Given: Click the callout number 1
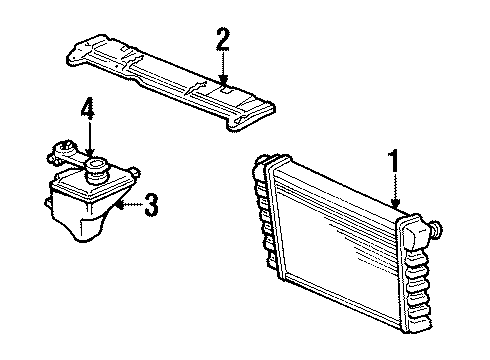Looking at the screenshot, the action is coord(394,161).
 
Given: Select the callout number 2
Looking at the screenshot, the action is coord(223,39).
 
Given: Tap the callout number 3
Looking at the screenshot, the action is coord(151,204).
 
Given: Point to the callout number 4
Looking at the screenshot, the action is coord(88,108).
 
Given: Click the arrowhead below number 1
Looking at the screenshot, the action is coord(396,203).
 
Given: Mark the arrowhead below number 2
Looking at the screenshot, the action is coord(223,79).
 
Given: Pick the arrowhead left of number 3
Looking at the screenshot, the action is coord(120,205).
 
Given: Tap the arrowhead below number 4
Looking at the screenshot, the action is coord(90,153).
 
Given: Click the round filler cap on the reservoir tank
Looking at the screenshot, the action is coord(97,169).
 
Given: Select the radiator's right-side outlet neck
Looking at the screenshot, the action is coord(437,229).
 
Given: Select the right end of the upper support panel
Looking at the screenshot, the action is coord(253,112).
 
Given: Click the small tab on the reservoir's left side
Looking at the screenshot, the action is coord(47,203).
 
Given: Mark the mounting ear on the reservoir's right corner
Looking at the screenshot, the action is coord(134,172).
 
